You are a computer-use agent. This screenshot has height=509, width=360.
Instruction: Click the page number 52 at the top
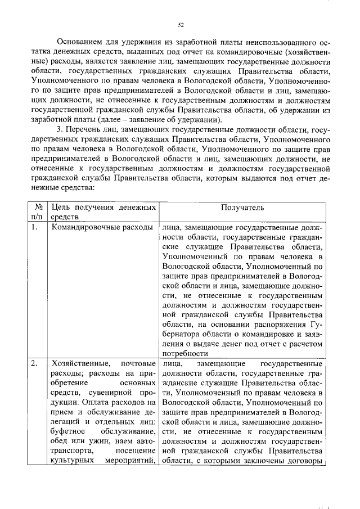click(x=181, y=25)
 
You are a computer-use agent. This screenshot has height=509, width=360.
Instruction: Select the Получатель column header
click(x=242, y=208)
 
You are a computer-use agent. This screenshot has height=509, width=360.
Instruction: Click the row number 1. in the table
click(x=35, y=227)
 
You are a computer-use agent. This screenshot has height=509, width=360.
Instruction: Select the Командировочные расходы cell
click(x=101, y=227)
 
